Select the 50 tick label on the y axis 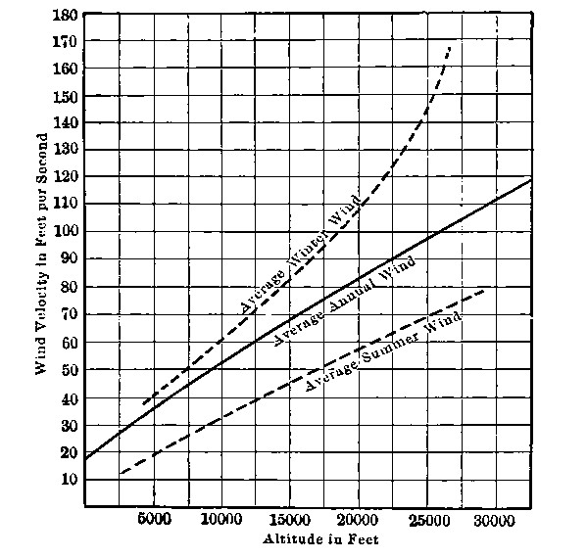click(x=68, y=369)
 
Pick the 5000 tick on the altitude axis click(x=155, y=521)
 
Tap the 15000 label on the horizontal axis click(x=290, y=521)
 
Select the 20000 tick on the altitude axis click(x=358, y=521)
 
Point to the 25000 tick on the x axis click(x=426, y=521)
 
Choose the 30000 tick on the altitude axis click(x=494, y=521)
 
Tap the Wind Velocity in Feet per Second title click(x=42, y=263)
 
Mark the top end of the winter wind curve click(x=451, y=46)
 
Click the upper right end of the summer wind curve click(x=486, y=290)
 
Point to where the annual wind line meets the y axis click(x=85, y=458)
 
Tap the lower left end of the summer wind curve click(x=120, y=474)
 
